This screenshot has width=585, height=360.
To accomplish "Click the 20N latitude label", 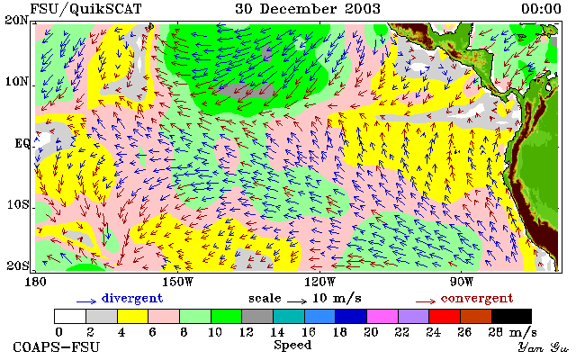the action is pos(16,20).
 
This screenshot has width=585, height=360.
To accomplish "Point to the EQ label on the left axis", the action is pos(22,143).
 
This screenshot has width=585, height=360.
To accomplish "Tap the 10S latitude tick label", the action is pos(18,204).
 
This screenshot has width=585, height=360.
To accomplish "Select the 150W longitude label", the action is pos(177,282).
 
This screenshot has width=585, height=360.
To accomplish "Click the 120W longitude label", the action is pos(319,282).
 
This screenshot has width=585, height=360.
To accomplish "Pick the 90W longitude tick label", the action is pos(462,282).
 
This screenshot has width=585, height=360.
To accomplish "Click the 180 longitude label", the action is pos(35,282).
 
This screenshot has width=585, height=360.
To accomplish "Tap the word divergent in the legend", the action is pos(132,298).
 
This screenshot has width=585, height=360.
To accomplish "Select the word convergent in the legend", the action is pos(477,298).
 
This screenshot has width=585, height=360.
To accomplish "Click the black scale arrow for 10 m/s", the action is pos(297,301).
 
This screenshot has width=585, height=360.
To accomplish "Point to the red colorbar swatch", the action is pos(445,316).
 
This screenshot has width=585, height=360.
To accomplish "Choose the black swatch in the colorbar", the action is pos(511,316).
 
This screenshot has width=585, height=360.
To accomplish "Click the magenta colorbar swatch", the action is pos(382,316).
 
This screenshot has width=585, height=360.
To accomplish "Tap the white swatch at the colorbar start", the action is pos(70,316).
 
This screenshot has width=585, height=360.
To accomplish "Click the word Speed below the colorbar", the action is pos(292,346).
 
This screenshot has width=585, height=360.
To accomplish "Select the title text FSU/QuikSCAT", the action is pos(85,9).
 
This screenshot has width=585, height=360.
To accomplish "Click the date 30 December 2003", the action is pos(308,9).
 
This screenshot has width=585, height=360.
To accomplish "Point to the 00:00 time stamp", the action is pos(541,9).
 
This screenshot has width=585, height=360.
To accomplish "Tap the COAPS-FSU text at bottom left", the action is pos(57,347).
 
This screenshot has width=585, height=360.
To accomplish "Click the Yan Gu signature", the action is pos(544,347).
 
